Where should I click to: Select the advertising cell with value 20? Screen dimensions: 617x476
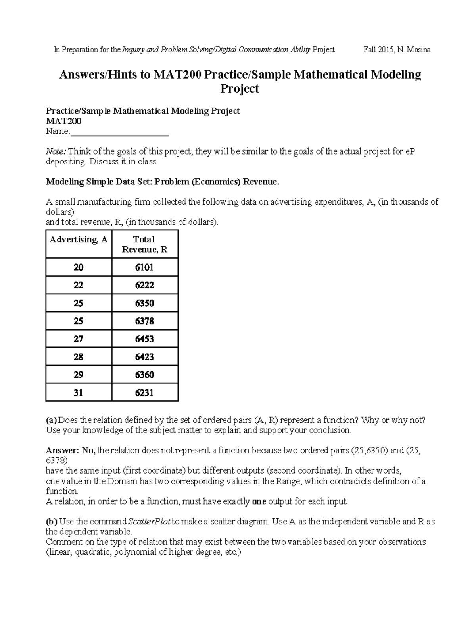(78, 267)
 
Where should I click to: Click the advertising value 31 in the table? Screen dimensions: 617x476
(78, 393)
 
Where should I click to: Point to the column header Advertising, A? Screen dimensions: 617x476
(79, 240)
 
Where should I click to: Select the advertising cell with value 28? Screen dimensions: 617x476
(78, 357)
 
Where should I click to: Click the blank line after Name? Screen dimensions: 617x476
(119, 132)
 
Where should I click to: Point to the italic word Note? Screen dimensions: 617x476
(57, 151)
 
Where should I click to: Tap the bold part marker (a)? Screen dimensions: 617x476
(52, 420)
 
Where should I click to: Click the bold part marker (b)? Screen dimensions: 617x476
(52, 522)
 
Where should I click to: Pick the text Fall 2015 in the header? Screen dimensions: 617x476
(377, 50)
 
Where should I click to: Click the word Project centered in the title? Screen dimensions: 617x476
(239, 89)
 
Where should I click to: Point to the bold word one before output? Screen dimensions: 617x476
(259, 501)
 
